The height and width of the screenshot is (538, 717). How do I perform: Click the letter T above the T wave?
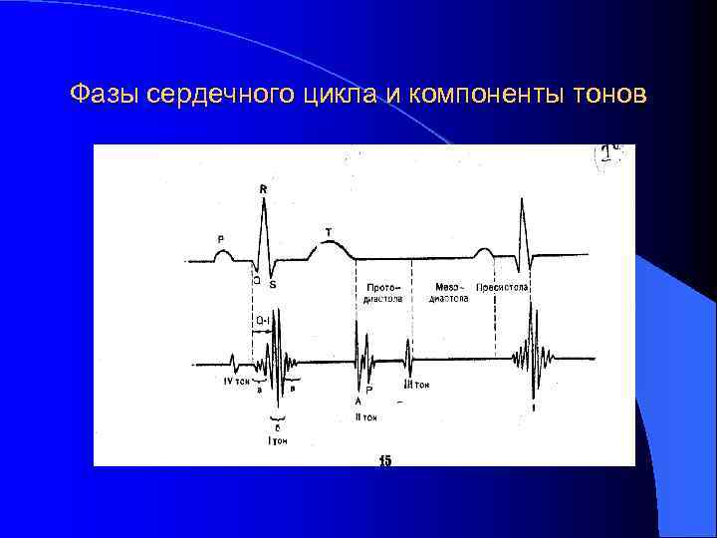pyautogui.click(x=329, y=232)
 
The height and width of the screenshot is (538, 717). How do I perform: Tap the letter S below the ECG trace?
pyautogui.click(x=273, y=285)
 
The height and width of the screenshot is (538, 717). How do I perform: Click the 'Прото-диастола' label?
pyautogui.click(x=382, y=292)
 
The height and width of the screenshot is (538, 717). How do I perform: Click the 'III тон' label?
pyautogui.click(x=416, y=385)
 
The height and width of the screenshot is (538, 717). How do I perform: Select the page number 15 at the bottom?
pyautogui.click(x=385, y=460)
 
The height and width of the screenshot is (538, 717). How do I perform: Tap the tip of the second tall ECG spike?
pyautogui.click(x=522, y=198)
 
